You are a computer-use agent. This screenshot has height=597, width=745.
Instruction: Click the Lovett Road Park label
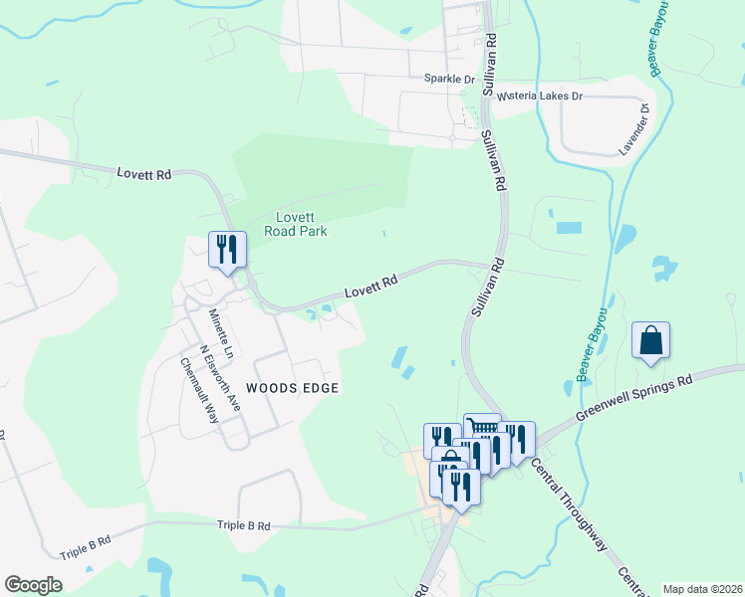[296, 224]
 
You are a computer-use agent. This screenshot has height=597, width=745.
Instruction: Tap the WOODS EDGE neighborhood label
[293, 388]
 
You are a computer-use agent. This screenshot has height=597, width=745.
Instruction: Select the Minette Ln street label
[221, 333]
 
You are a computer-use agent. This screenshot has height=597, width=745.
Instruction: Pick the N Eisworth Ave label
[220, 378]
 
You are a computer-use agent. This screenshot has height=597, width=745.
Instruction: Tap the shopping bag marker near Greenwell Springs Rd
[650, 340]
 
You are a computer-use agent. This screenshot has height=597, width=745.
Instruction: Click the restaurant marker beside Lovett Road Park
[226, 249]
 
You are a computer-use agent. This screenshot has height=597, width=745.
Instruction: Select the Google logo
[33, 585]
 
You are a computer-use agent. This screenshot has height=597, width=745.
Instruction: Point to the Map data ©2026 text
[702, 589]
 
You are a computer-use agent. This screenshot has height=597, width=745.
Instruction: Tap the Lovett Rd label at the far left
[143, 174]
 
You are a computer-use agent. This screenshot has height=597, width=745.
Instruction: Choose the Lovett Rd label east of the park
[372, 288]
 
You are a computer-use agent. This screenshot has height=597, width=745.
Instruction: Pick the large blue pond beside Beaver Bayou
[624, 239]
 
